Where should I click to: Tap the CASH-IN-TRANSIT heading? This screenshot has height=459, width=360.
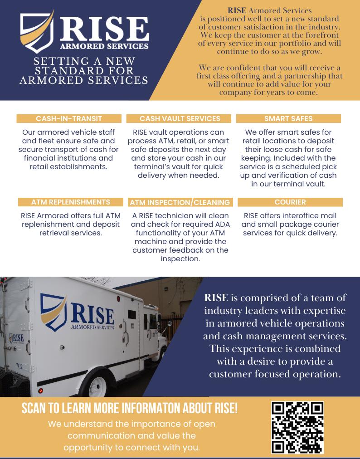[69, 118]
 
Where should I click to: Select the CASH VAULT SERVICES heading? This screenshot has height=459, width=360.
[180, 118]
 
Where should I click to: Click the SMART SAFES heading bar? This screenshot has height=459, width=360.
[288, 118]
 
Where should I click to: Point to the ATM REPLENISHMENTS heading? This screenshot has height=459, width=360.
[71, 202]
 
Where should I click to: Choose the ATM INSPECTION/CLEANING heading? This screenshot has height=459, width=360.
[180, 202]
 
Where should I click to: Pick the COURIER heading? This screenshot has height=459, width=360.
[290, 202]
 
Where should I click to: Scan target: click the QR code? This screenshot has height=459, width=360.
[297, 428]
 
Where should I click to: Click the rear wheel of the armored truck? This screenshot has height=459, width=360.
[97, 386]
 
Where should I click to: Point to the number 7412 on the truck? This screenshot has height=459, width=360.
[19, 365]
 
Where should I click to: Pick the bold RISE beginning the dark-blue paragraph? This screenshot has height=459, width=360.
[216, 298]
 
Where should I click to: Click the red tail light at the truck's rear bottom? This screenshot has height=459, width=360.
[40, 391]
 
